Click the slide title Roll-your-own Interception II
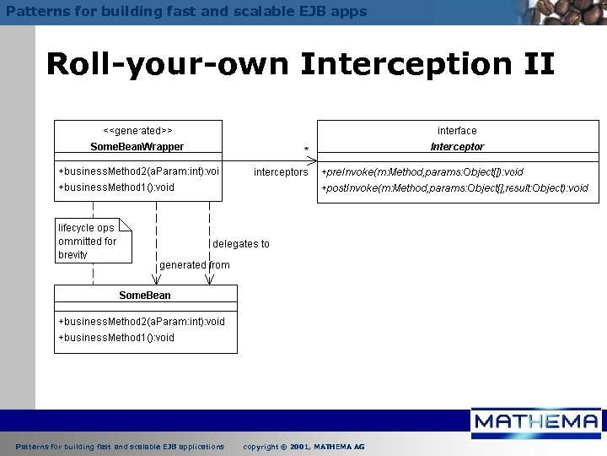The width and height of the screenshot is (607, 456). [x=300, y=64]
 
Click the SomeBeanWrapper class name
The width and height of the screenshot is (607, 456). [x=137, y=147]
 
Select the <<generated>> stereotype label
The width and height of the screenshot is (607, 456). [x=137, y=131]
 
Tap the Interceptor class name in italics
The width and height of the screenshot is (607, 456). [x=457, y=147]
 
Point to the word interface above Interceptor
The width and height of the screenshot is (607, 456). [x=457, y=131]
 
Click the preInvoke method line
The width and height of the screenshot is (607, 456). [x=422, y=172]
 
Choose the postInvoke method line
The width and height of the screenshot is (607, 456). [x=455, y=188]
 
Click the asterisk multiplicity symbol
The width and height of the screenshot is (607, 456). [x=306, y=151]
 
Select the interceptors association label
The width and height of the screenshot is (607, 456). [x=281, y=172]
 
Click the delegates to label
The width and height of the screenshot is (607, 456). [x=241, y=244]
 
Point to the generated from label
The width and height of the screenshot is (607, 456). [x=194, y=265]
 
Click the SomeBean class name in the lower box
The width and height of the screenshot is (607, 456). [x=145, y=296]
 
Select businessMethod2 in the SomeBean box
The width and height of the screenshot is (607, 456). [x=142, y=322]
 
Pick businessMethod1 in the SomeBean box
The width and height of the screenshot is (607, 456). [x=116, y=338]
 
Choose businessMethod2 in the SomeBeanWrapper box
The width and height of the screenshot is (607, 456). [x=139, y=171]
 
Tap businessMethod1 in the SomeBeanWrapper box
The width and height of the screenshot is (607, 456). [x=116, y=187]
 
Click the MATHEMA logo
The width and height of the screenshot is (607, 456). [x=536, y=422]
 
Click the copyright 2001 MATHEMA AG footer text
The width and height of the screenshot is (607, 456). [x=303, y=446]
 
